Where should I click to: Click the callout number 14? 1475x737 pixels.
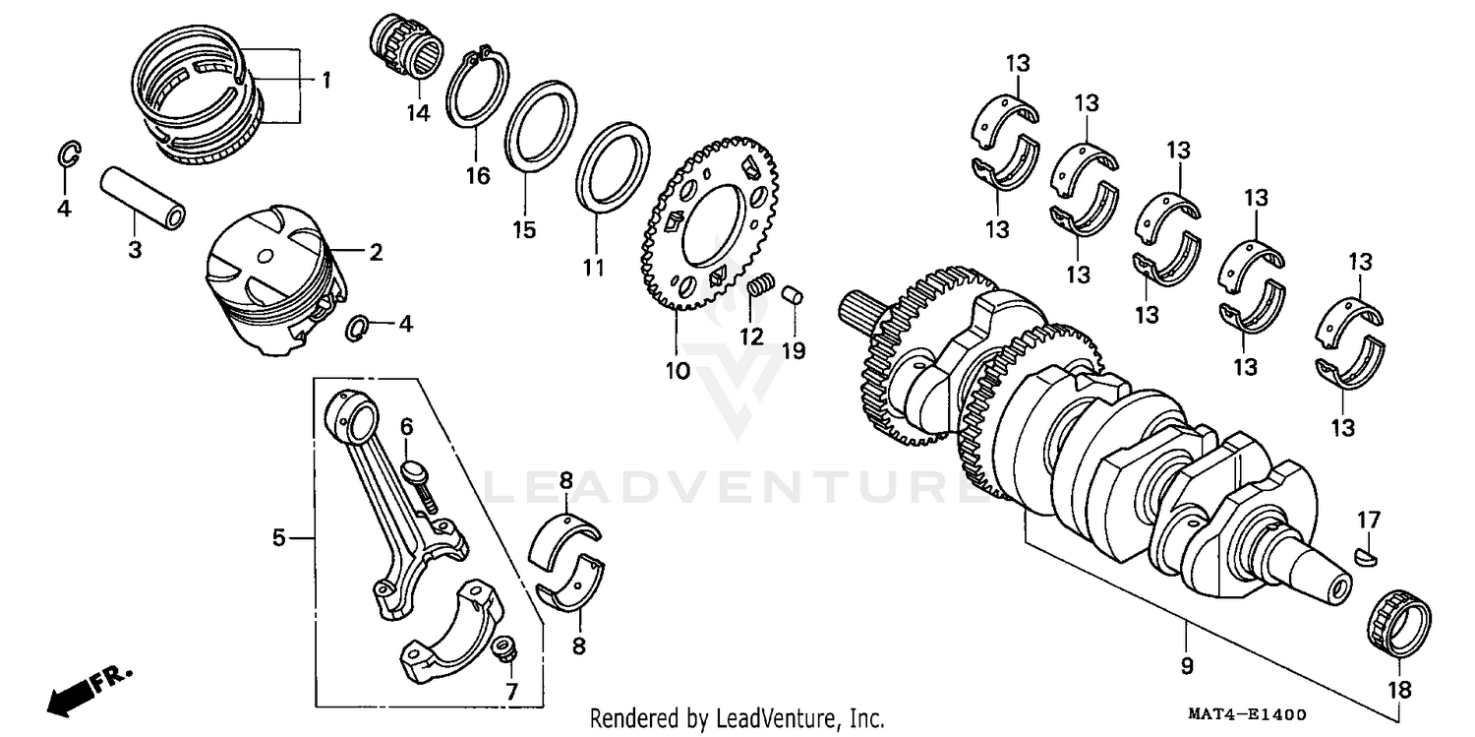[419, 113]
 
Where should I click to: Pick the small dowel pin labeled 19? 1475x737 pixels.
[794, 294]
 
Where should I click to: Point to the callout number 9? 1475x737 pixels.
[1187, 666]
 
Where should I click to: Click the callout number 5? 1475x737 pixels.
[279, 538]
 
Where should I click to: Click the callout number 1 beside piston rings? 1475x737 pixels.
[325, 79]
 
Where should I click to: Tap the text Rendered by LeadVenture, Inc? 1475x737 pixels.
[737, 718]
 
